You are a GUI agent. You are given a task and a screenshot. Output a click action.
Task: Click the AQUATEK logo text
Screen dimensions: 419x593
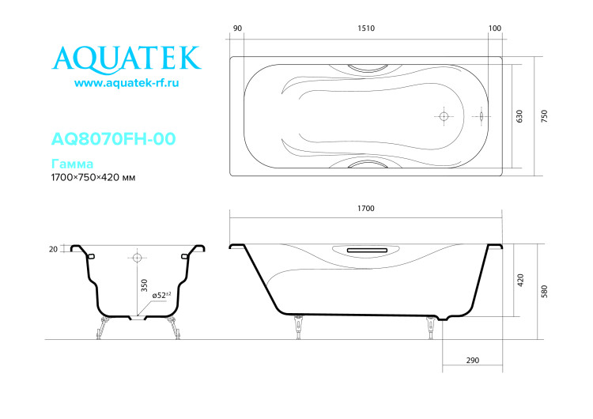pyautogui.click(x=127, y=56)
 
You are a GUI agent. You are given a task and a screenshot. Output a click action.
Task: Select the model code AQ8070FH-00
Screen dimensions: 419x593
pyautogui.click(x=113, y=139)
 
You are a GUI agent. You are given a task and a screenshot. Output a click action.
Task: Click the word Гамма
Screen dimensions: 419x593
pyautogui.click(x=72, y=164)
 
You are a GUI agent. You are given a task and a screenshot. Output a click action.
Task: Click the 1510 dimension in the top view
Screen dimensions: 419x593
pyautogui.click(x=365, y=28)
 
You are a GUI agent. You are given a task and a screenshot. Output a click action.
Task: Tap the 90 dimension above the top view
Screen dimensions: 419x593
pyautogui.click(x=237, y=28)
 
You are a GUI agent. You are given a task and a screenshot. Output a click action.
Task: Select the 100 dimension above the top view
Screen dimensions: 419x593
pyautogui.click(x=495, y=28)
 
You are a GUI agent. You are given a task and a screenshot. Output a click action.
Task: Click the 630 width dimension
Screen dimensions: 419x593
pyautogui.click(x=519, y=116)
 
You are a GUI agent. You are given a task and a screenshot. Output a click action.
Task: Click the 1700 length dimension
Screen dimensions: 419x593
pyautogui.click(x=365, y=209)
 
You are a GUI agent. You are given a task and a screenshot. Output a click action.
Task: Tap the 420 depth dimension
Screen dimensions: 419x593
pyautogui.click(x=519, y=279)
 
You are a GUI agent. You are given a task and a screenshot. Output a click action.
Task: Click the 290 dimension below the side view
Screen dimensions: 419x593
pyautogui.click(x=473, y=360)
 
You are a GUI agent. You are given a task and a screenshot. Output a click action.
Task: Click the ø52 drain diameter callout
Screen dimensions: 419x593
pyautogui.click(x=163, y=296)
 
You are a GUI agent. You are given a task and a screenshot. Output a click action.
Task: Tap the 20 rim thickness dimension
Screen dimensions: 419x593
pyautogui.click(x=53, y=248)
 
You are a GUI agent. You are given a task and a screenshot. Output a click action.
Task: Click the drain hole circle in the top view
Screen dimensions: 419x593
pyautogui.click(x=444, y=116)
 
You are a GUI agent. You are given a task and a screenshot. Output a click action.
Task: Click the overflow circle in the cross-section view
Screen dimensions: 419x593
pyautogui.click(x=137, y=258)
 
